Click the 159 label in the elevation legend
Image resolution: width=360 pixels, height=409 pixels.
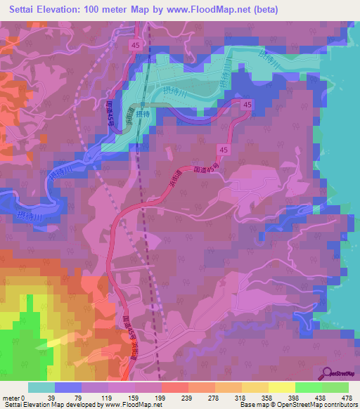(136, 397)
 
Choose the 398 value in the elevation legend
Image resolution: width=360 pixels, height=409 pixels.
(295, 397)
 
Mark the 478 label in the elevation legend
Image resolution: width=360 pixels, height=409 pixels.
(347, 397)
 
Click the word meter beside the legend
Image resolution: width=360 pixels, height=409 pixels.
(11, 397)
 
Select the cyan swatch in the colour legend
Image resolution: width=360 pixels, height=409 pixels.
(41, 387)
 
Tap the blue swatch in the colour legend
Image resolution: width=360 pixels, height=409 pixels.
(68, 387)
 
